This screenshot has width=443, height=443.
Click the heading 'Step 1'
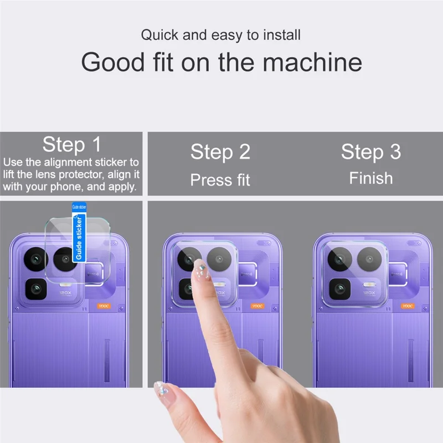pyautogui.click(x=71, y=145)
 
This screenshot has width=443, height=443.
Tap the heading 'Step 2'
pyautogui.click(x=220, y=152)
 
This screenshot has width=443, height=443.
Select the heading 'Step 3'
pyautogui.click(x=370, y=152)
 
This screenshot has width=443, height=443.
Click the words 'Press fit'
pyautogui.click(x=220, y=180)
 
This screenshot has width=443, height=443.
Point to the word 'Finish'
pyautogui.click(x=370, y=178)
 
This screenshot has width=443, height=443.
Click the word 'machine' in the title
pyautogui.click(x=312, y=62)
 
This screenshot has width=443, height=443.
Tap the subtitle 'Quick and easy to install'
pyautogui.click(x=220, y=35)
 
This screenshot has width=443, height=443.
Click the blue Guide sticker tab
pyautogui.click(x=79, y=231)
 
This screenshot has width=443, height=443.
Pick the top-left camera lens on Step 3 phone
pyautogui.click(x=339, y=259)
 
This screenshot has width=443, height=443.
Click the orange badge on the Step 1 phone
pyautogui.click(x=104, y=305)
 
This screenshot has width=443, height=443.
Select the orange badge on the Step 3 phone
pyautogui.click(x=407, y=305)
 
